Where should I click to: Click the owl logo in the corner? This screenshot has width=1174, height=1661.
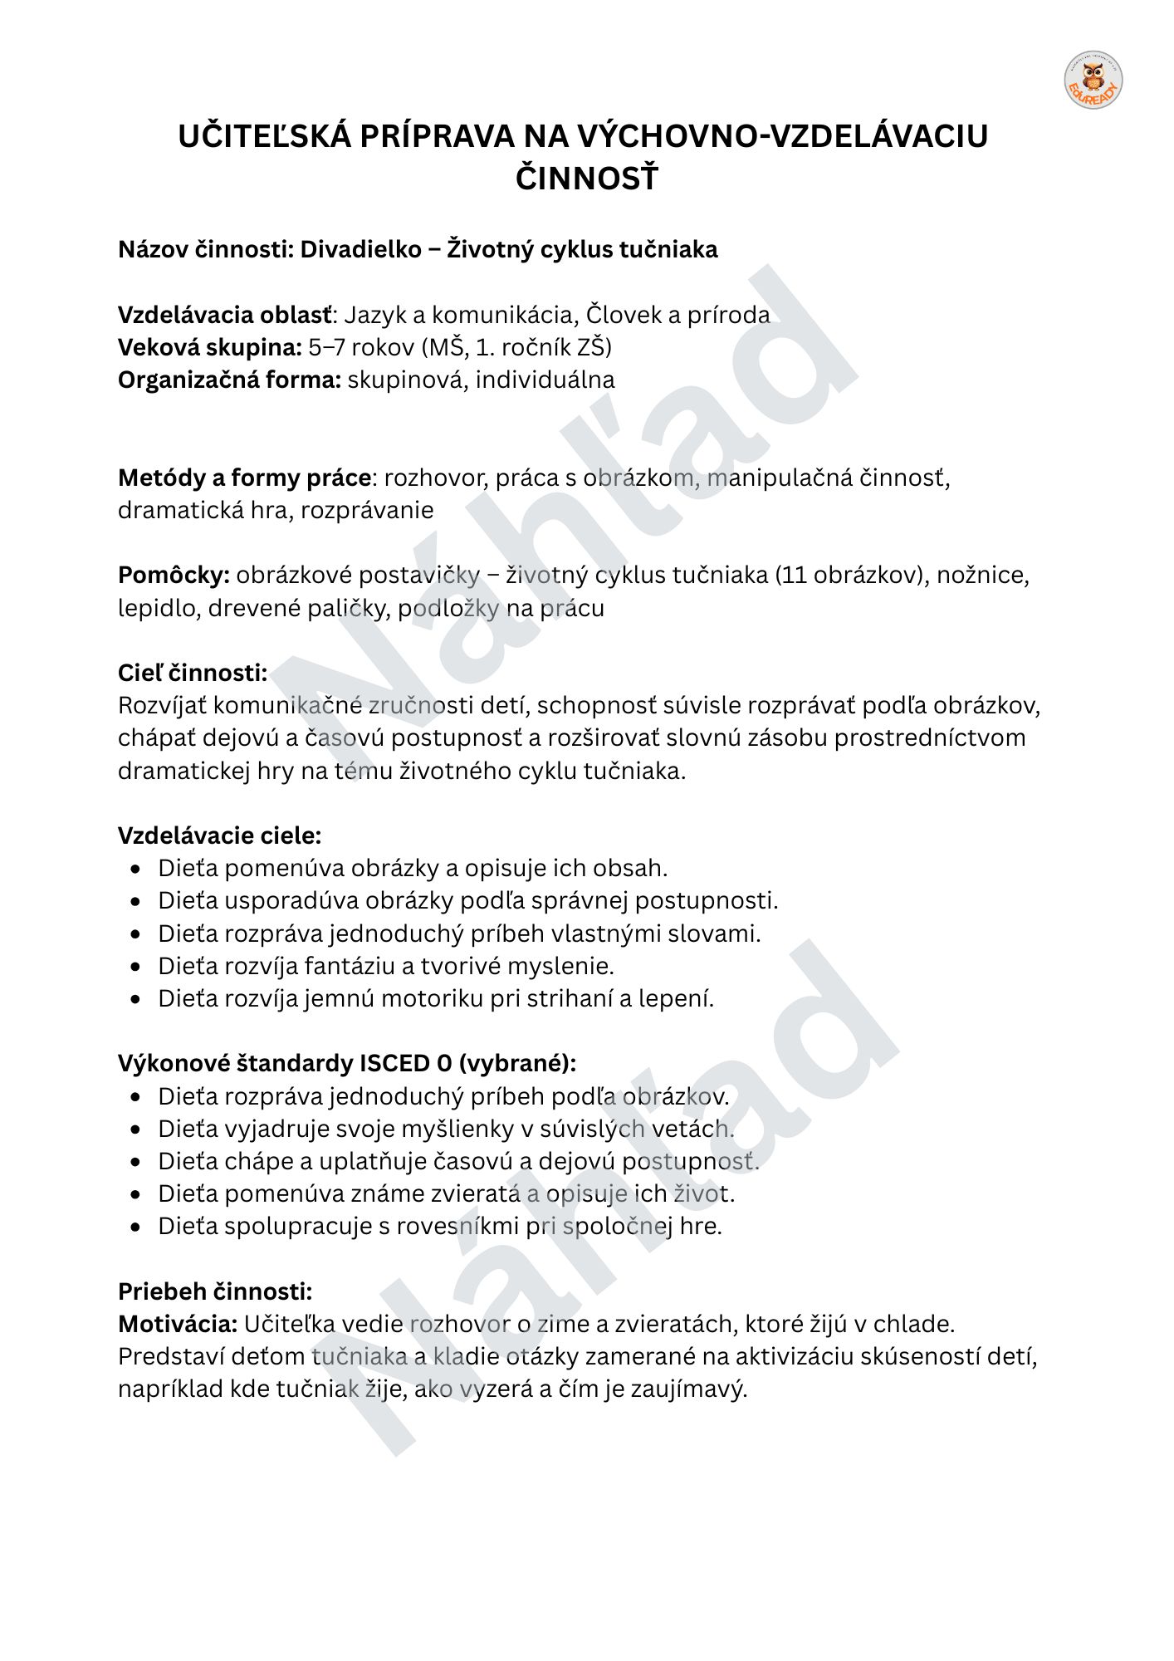click(1093, 81)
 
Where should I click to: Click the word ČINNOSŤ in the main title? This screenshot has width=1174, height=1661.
click(586, 178)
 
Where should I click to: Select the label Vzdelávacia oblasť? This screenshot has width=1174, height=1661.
click(225, 315)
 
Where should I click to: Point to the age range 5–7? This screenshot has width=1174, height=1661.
click(326, 347)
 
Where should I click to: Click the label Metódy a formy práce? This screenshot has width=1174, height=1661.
click(244, 478)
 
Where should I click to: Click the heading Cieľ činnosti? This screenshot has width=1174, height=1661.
click(193, 673)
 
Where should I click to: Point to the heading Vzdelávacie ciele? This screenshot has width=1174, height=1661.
click(219, 835)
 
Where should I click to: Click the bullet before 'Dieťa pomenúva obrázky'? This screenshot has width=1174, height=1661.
click(136, 869)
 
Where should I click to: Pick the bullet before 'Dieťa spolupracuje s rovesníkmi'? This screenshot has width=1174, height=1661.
click(136, 1227)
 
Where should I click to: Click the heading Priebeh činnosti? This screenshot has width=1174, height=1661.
click(215, 1291)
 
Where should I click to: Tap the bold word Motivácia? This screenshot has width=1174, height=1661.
click(178, 1324)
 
